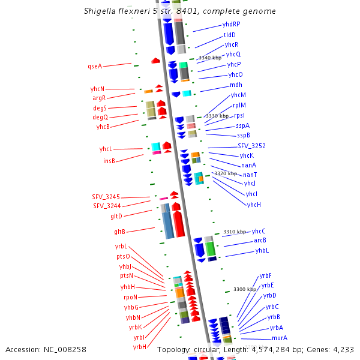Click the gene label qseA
[95, 66]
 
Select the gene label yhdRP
[231, 25]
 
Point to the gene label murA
[280, 338]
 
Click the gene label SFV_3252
[251, 146]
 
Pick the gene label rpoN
[130, 297]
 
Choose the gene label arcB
[260, 241]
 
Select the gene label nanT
[250, 175]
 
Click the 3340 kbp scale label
[209, 58]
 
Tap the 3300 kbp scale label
[244, 289]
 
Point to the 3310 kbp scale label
[234, 232]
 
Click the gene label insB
[109, 161]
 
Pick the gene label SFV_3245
[106, 197]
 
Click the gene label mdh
[236, 85]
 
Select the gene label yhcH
[254, 205]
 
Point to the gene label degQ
[100, 118]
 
